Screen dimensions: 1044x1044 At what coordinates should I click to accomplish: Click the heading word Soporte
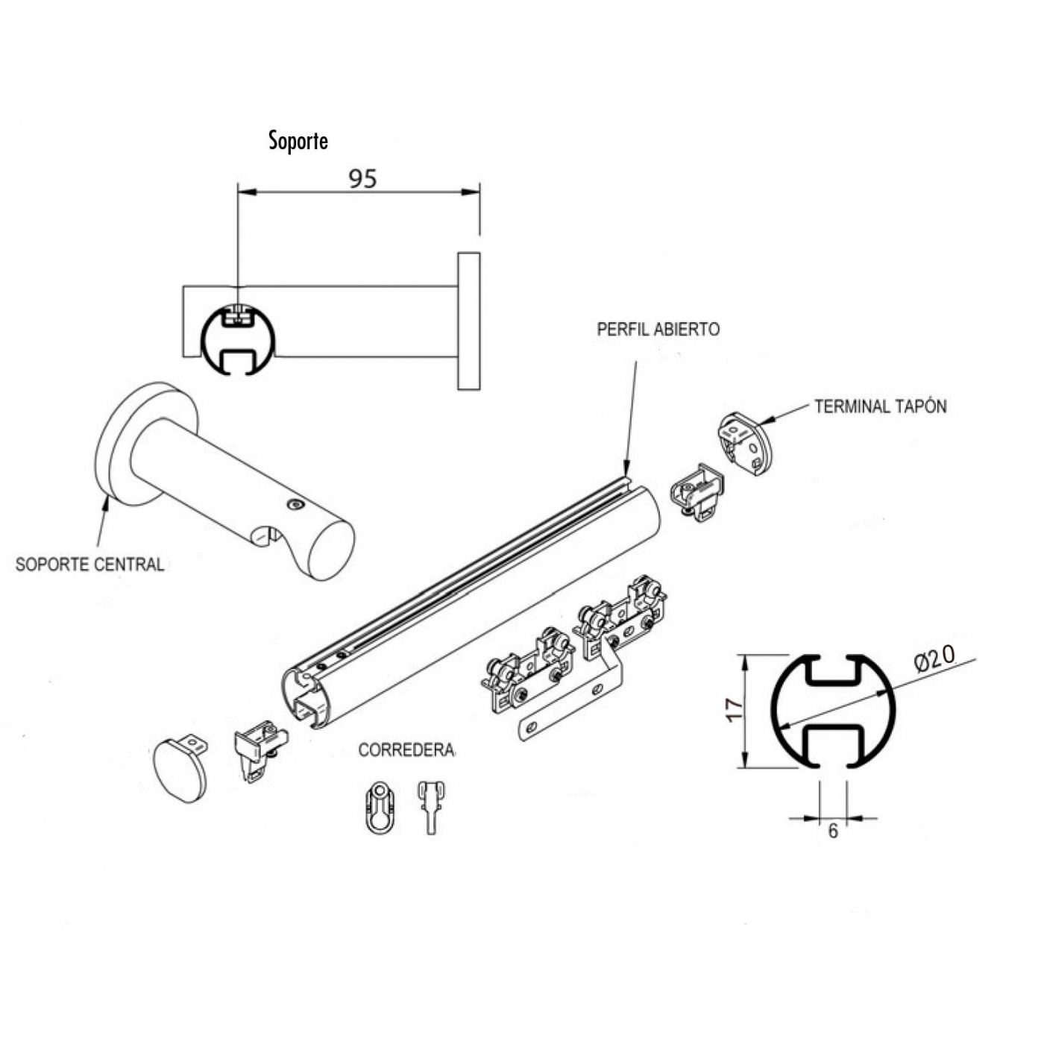coord(298,141)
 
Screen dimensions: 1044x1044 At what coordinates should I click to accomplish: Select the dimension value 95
coord(363,179)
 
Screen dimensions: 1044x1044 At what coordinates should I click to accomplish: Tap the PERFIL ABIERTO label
coord(658,330)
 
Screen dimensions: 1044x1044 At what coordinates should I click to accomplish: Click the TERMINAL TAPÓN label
coord(880,406)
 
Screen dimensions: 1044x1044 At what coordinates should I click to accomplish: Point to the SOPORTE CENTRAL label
coord(89,564)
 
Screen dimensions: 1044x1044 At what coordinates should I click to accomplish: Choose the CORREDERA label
coord(406,749)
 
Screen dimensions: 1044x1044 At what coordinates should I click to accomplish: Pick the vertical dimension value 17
coord(735,709)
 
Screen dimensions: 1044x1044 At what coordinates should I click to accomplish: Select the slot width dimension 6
coord(833,831)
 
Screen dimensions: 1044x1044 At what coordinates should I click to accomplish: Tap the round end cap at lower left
coord(180,770)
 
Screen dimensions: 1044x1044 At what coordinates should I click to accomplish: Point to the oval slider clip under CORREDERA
coord(380,808)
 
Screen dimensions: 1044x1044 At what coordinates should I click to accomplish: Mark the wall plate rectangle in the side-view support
coord(468,321)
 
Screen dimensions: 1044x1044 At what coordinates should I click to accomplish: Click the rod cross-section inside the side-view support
coord(238,339)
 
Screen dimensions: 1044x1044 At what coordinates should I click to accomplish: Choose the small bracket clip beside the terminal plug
coord(698,491)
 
